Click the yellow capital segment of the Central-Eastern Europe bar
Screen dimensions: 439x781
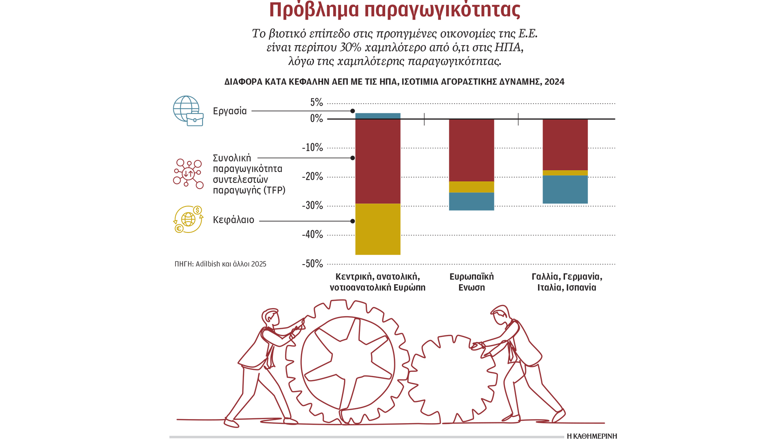377,229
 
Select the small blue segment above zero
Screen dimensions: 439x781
377,116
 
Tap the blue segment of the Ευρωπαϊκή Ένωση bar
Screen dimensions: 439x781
471,201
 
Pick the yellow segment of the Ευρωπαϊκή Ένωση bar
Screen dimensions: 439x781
471,187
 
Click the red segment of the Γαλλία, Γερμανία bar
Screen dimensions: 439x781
565,144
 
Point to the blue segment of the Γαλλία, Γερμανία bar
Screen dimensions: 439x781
565,189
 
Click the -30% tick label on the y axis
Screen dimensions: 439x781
312,206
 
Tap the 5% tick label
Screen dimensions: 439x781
316,102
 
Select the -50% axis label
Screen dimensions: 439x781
312,264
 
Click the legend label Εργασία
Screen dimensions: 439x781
230,111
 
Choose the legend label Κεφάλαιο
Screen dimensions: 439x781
233,220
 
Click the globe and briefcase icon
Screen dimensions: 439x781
188,111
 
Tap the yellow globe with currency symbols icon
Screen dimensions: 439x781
188,219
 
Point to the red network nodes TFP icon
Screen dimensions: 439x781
188,174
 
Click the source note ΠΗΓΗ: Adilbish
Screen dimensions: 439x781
220,264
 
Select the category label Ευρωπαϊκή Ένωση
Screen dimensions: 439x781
471,282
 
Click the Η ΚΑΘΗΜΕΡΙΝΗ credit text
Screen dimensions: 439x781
592,436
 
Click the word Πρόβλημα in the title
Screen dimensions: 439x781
314,10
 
